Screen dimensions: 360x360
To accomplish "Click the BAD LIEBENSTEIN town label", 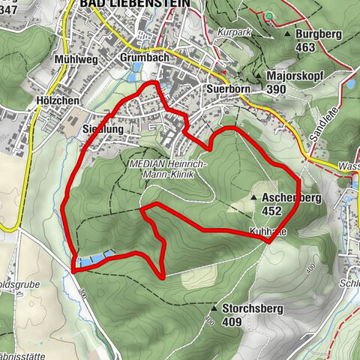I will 134,4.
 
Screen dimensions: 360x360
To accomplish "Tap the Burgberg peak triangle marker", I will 287,34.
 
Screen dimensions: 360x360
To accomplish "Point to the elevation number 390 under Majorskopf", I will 277,88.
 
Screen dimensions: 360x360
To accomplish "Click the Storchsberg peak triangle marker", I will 215,307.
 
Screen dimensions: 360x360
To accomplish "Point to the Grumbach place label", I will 142,57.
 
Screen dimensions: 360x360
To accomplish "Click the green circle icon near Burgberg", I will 268,16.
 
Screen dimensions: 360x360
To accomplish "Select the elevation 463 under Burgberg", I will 305,46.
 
